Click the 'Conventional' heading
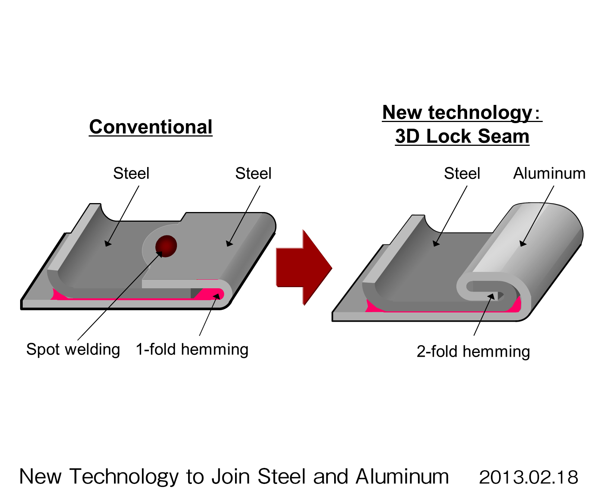[x=150, y=127]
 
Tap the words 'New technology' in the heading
[x=457, y=112]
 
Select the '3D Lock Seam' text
[x=462, y=136]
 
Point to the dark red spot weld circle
[x=166, y=246]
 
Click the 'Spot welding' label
[x=73, y=350]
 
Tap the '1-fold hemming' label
[x=192, y=350]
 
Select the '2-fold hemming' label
[x=473, y=352]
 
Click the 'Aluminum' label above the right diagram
[x=549, y=173]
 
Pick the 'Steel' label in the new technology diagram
[x=462, y=173]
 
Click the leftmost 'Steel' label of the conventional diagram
[x=131, y=173]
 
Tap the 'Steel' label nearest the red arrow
[x=253, y=173]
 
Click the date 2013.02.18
[x=528, y=477]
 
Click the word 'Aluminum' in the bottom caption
[x=402, y=477]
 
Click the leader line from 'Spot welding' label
[x=112, y=305]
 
